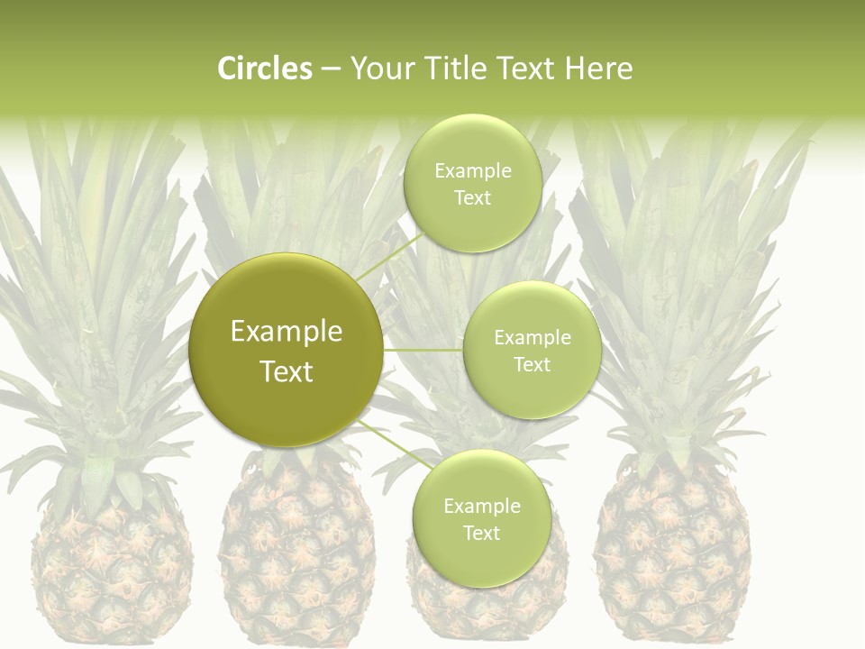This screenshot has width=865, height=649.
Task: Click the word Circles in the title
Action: (x=264, y=69)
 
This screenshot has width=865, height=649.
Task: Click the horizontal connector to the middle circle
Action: (x=423, y=350)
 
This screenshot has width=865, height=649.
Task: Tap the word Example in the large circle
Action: (x=287, y=332)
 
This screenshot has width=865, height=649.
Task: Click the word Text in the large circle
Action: (x=287, y=371)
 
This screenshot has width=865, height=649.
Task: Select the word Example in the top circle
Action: (x=472, y=171)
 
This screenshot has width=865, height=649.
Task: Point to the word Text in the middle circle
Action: (x=532, y=364)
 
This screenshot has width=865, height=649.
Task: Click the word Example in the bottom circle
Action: (x=481, y=506)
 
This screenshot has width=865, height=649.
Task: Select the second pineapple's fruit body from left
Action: (x=297, y=559)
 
